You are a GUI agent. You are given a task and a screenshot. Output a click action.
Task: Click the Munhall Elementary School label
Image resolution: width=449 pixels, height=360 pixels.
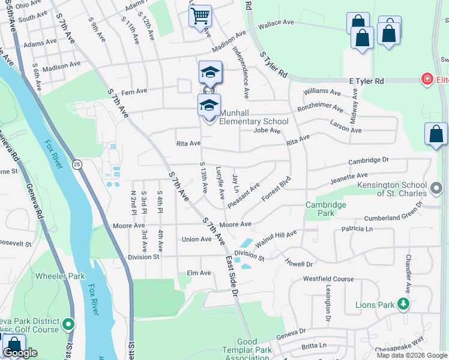coord(253,117)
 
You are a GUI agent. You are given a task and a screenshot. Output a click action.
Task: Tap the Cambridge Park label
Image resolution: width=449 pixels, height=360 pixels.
coord(326,209)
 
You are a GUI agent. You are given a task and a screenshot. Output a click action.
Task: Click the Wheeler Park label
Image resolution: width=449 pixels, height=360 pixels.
coord(60,276)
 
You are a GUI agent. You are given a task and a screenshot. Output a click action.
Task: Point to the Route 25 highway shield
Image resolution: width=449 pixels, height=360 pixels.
coord(76,164)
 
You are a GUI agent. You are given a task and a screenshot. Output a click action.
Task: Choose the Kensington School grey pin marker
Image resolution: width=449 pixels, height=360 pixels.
coord(436,190)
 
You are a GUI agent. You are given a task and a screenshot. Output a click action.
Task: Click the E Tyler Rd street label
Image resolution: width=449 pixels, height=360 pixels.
coord(366,80)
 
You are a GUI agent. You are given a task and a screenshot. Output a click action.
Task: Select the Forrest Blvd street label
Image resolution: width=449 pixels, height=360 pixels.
coord(276,187)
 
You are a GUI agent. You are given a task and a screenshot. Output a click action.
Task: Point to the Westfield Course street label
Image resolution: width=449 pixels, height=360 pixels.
coord(328,279)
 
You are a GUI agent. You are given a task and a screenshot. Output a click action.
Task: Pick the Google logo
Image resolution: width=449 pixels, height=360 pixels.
coord(20,353)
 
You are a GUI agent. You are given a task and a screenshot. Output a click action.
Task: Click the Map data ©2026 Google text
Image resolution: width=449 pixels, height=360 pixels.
coord(412,355)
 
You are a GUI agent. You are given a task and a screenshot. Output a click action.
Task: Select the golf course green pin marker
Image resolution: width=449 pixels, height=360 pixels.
coord(68,325)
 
